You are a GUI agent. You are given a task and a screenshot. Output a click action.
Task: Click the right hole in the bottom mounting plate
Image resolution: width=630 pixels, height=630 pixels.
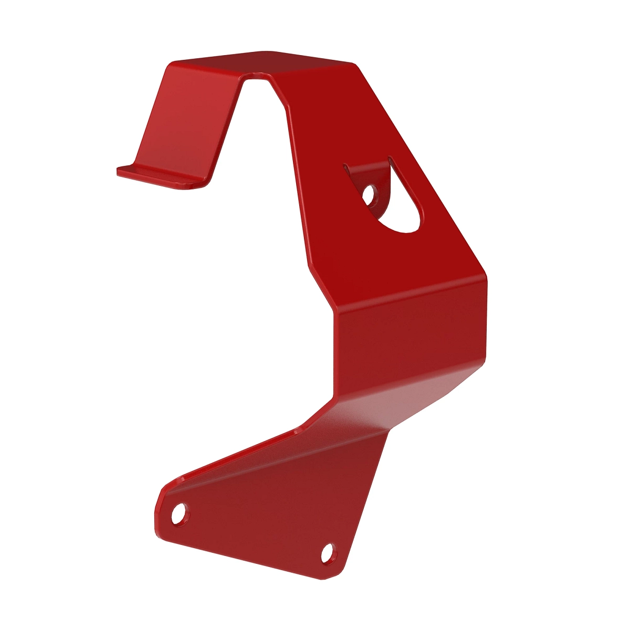click(327, 553)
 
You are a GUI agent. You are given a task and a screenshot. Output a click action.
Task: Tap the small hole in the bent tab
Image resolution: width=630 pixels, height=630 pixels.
click(370, 194)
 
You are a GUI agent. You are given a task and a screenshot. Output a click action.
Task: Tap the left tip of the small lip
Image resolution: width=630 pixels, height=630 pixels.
click(119, 170)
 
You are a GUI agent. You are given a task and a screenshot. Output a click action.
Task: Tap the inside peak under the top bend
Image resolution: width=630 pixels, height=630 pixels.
click(257, 77)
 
